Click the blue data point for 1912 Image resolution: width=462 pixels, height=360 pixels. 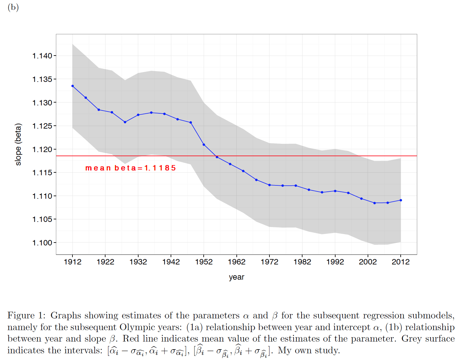73,86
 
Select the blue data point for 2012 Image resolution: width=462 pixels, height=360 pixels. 401,200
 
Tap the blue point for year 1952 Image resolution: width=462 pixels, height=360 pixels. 204,145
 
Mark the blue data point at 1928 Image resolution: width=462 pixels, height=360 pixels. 125,122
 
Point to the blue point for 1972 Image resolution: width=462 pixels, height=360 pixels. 269,185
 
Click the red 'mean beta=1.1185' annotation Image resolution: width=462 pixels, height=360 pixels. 131,168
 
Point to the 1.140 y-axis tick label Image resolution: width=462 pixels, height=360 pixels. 42,56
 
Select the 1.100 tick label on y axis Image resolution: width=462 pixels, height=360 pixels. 42,243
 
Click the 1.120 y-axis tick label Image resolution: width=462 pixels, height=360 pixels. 42,150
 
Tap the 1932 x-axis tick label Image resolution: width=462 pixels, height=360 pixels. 138,262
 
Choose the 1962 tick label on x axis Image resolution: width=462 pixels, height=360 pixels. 237,262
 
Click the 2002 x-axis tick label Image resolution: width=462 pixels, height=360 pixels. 368,262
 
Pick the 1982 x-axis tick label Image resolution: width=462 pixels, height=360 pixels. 302,262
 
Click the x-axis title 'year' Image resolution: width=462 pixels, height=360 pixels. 237,277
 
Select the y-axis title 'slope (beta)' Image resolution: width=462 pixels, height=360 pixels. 18,144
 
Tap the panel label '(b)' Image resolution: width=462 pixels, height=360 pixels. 13,7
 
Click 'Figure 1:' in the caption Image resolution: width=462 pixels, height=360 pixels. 27,316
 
